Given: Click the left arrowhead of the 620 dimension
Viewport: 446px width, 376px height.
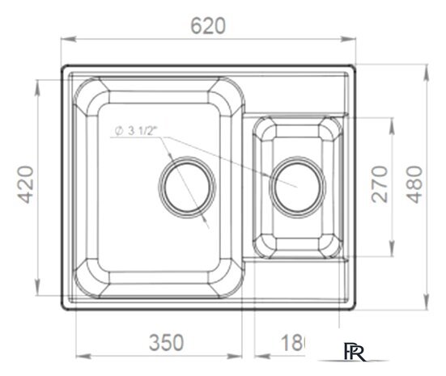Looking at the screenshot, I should (66, 37).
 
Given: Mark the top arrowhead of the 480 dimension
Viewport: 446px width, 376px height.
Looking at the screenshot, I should (426, 67).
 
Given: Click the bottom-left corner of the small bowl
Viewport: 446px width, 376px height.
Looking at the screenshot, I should (264, 243).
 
